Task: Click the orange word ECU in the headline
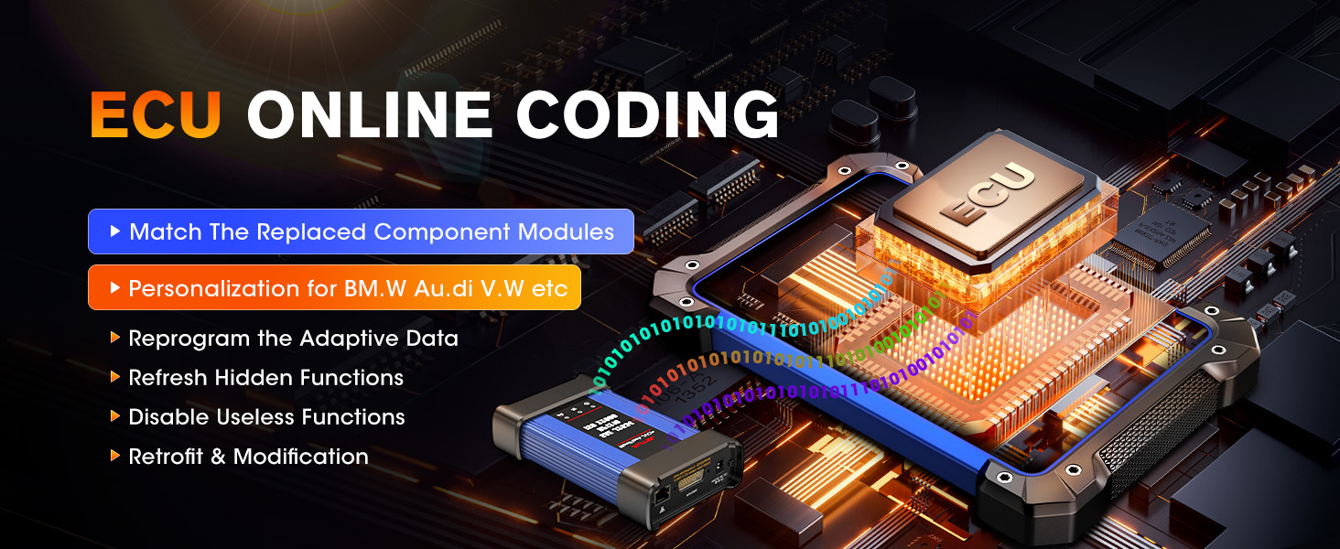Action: (x=156, y=117)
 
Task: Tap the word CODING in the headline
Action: (x=646, y=117)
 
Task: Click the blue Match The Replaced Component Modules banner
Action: (x=361, y=231)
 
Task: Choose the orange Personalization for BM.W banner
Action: (x=334, y=288)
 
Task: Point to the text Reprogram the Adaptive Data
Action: (x=293, y=339)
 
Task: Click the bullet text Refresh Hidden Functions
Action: (x=265, y=378)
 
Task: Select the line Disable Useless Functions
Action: (x=266, y=417)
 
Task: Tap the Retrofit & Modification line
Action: (x=248, y=457)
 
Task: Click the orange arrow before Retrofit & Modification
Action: (x=115, y=456)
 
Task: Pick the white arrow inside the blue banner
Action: (x=115, y=231)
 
